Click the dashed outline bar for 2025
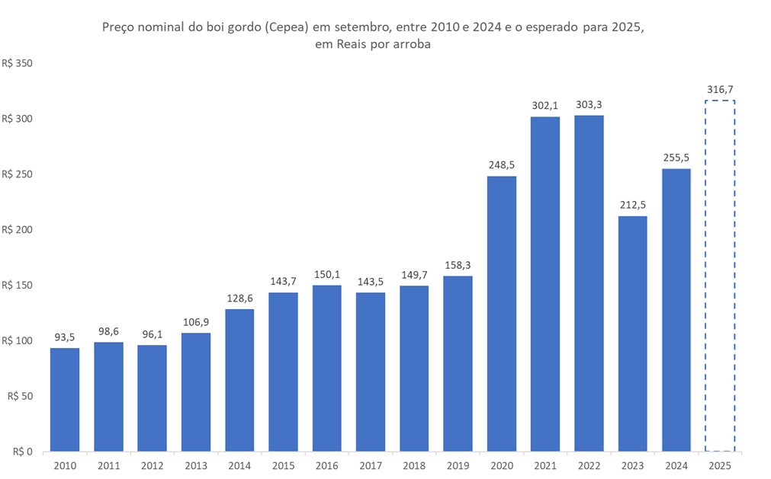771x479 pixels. point(720,276)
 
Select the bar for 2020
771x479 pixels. point(501,314)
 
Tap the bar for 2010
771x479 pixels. point(65,400)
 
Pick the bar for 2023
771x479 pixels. point(632,334)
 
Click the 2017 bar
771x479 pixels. point(371,372)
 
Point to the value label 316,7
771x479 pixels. point(720,90)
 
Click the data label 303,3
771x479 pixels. point(589,104)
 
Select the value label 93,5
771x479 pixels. point(65,337)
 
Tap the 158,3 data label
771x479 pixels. point(458,265)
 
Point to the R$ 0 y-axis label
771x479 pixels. point(22,452)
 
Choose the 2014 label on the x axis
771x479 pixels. point(239,464)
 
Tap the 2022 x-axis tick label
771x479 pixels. point(589,464)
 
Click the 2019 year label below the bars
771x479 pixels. point(458,464)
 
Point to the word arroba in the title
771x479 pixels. point(413,44)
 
